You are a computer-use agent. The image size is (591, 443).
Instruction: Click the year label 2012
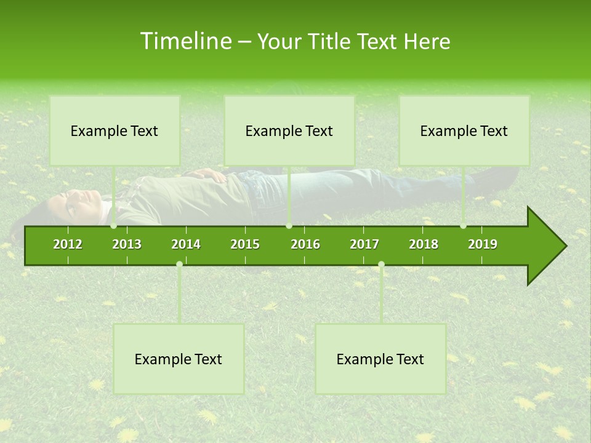tap(68, 244)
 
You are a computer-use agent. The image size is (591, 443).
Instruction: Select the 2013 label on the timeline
tap(127, 244)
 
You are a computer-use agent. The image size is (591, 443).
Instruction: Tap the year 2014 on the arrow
tap(186, 244)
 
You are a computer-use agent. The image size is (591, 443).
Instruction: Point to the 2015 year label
tap(245, 244)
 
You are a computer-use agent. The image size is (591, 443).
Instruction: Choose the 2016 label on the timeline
tap(305, 244)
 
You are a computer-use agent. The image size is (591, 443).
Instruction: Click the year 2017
tap(364, 244)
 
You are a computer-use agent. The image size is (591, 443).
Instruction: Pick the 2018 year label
tap(424, 244)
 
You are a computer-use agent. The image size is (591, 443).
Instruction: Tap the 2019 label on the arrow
tap(483, 244)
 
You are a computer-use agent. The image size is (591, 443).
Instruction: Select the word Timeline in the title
tap(184, 41)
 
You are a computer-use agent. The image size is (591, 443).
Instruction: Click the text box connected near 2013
tap(115, 130)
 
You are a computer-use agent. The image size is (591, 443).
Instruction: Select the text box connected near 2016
tap(289, 130)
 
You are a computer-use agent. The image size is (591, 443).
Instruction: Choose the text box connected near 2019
tap(464, 130)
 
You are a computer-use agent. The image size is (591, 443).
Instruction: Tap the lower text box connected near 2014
tap(179, 359)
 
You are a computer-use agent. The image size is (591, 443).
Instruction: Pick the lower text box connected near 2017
tap(380, 359)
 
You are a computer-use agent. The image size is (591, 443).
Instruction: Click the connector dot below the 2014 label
tap(179, 264)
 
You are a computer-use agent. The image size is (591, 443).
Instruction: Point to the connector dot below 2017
tap(381, 264)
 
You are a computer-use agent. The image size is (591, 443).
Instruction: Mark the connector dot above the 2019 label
tap(463, 226)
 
